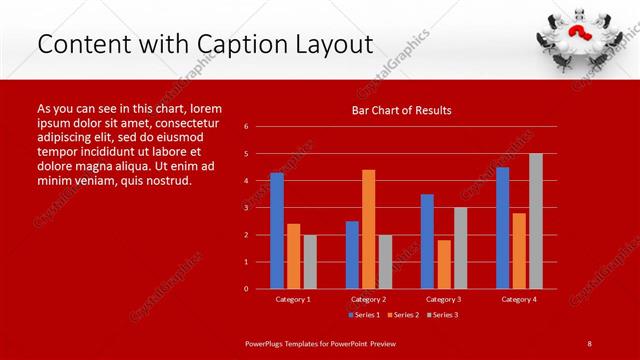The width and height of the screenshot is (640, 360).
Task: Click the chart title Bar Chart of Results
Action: (401, 110)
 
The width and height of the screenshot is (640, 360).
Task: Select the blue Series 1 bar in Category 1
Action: (277, 231)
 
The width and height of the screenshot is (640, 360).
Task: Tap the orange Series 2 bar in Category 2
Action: (368, 229)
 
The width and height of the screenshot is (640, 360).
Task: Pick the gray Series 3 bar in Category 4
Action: (535, 221)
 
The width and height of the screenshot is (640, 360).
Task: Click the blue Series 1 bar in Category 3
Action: (427, 241)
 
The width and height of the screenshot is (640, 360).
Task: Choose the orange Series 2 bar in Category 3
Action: (444, 264)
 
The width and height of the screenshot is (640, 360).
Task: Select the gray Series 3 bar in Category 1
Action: (310, 261)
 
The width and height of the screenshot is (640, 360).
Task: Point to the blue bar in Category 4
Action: (502, 228)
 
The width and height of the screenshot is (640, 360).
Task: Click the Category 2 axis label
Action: (368, 299)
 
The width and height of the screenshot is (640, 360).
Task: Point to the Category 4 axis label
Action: (518, 299)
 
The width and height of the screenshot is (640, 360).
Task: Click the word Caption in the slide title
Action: (250, 44)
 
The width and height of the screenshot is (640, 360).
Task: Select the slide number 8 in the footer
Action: (590, 343)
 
